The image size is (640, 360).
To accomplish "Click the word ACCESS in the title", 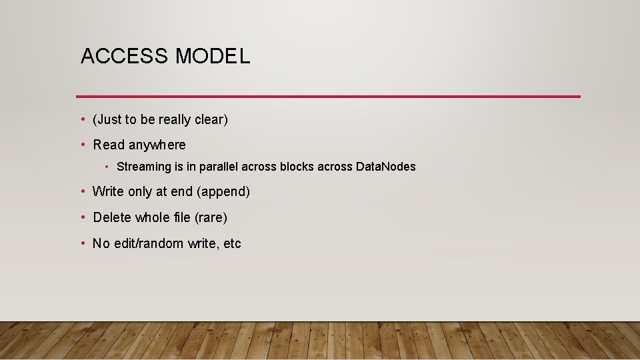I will click(x=124, y=57).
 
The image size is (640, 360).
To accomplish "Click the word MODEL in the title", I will click(x=213, y=57).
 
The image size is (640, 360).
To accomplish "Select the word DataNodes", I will click(x=385, y=167).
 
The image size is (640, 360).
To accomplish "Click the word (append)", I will click(x=223, y=192).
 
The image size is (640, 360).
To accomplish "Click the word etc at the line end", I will click(x=232, y=244).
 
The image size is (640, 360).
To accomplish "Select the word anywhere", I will click(x=157, y=145).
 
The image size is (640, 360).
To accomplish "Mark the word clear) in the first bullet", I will click(x=211, y=120).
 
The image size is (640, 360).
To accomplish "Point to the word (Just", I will click(x=107, y=120).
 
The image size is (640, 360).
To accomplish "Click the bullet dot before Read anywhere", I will click(x=83, y=145).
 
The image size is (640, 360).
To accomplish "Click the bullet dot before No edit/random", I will click(x=83, y=243).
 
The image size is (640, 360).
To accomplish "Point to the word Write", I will click(x=108, y=192).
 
